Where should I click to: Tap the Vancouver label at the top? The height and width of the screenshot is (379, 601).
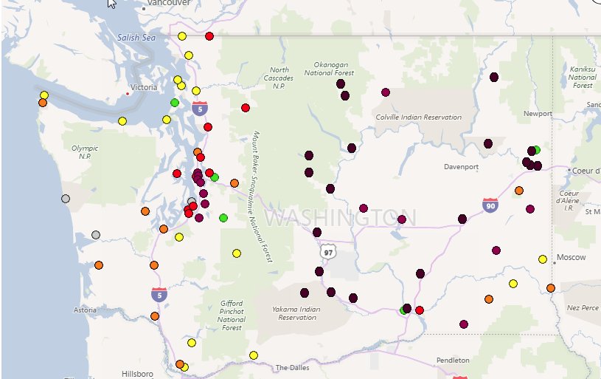(164, 4)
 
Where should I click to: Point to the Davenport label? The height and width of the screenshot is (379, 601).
(461, 167)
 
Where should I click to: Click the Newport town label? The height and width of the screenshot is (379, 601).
(538, 114)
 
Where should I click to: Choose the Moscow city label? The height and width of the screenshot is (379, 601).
(572, 257)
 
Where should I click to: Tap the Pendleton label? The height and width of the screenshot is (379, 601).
(452, 360)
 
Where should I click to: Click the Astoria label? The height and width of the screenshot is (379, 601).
(84, 310)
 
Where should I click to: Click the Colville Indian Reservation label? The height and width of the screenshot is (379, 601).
(418, 117)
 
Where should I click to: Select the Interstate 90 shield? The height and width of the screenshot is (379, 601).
(490, 204)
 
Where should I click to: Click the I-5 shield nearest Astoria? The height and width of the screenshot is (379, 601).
(159, 294)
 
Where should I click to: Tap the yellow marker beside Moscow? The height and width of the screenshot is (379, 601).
(543, 259)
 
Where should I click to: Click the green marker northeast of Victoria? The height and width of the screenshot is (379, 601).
(175, 103)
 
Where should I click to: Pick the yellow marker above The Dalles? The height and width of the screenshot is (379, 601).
(254, 355)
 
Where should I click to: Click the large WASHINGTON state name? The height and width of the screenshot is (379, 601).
(340, 218)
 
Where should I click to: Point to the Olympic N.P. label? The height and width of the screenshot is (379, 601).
(85, 152)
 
